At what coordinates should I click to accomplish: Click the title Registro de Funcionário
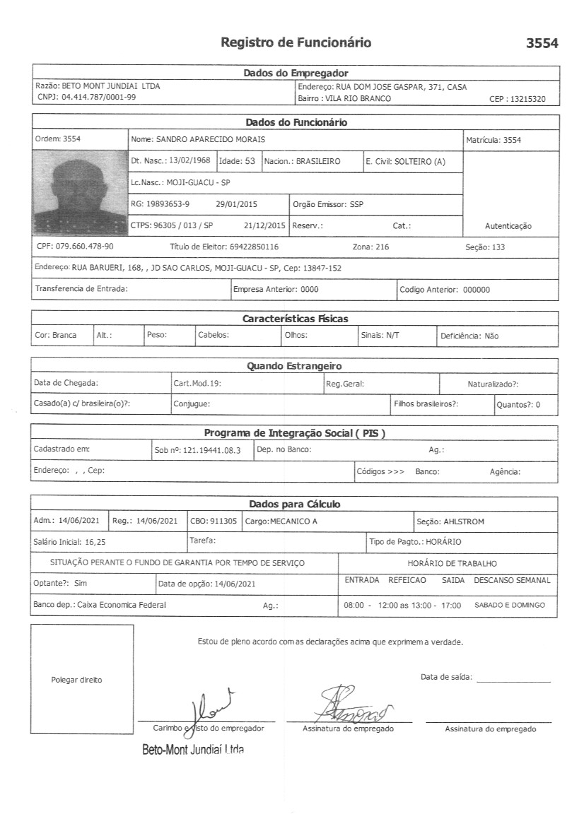[x=296, y=42]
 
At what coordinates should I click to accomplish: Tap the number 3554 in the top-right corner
[x=542, y=43]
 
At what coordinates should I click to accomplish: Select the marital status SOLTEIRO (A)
[x=420, y=161]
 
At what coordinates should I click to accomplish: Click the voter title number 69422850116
[x=254, y=247]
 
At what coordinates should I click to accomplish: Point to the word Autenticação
[x=508, y=226]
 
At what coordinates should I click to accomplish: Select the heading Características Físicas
[x=295, y=319]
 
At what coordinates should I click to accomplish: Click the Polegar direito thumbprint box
[x=81, y=679]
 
